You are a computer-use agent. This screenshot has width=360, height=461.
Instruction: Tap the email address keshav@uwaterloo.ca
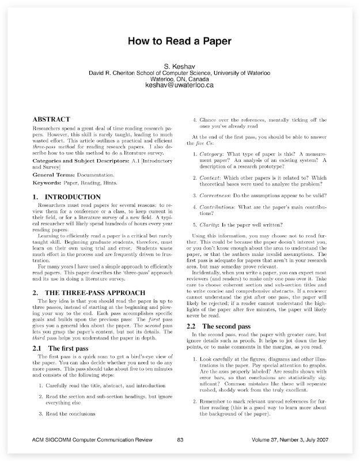[x=180, y=85]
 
